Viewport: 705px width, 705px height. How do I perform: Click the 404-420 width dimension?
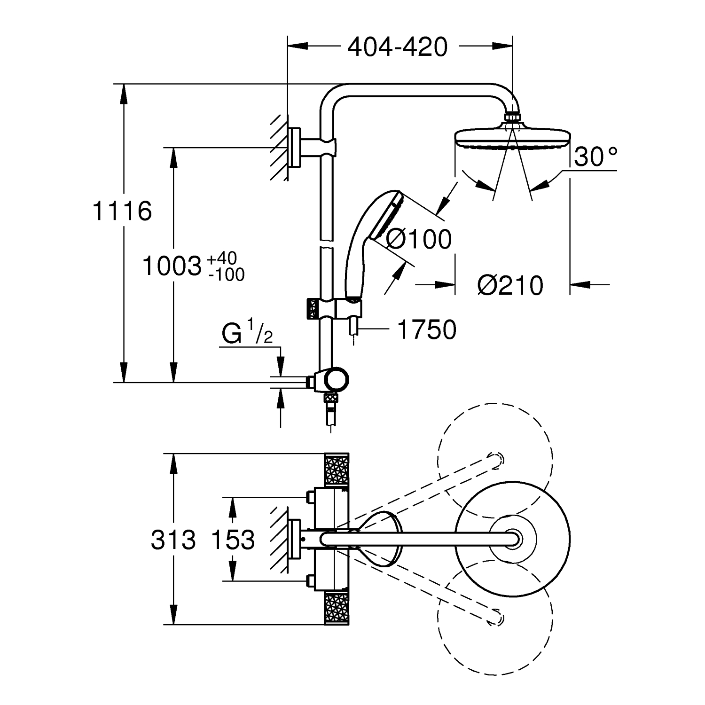coord(397,47)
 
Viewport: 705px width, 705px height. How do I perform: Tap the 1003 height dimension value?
coord(172,266)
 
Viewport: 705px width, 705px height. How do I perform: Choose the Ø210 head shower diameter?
coord(510,285)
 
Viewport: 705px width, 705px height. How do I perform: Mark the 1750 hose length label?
coord(427,329)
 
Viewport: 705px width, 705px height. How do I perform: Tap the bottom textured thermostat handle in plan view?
coord(337,608)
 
